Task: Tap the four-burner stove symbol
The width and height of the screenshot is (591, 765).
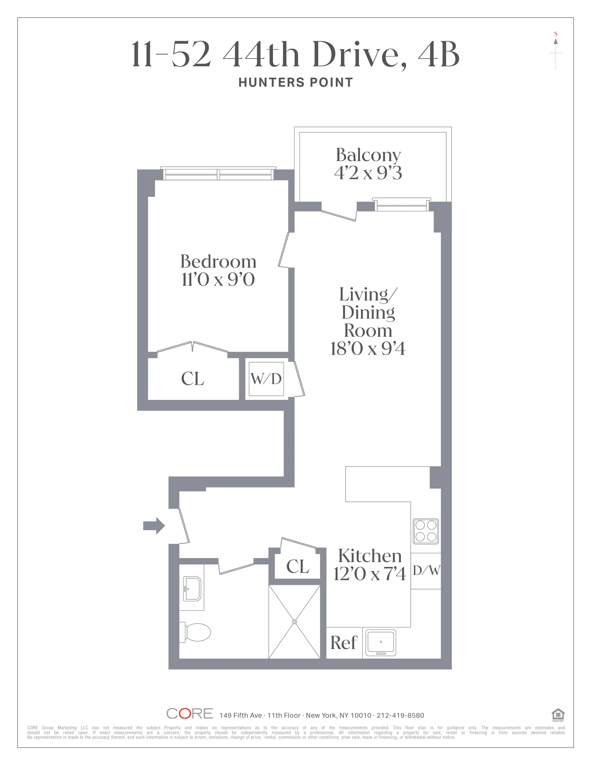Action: [x=426, y=531]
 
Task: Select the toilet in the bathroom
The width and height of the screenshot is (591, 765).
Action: [x=196, y=632]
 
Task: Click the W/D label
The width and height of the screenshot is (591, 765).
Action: [x=266, y=379]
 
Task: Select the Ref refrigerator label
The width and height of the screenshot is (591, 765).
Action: [x=344, y=643]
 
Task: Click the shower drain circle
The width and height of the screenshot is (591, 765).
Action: [x=294, y=622]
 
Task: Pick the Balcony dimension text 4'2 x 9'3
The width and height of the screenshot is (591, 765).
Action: [x=368, y=173]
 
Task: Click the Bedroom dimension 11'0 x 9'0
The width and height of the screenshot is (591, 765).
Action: [x=218, y=280]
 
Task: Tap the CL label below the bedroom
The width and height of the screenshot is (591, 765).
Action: [x=193, y=379]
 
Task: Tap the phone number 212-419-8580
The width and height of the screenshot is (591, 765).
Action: [x=400, y=715]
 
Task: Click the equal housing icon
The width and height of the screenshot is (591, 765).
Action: [x=558, y=714]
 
